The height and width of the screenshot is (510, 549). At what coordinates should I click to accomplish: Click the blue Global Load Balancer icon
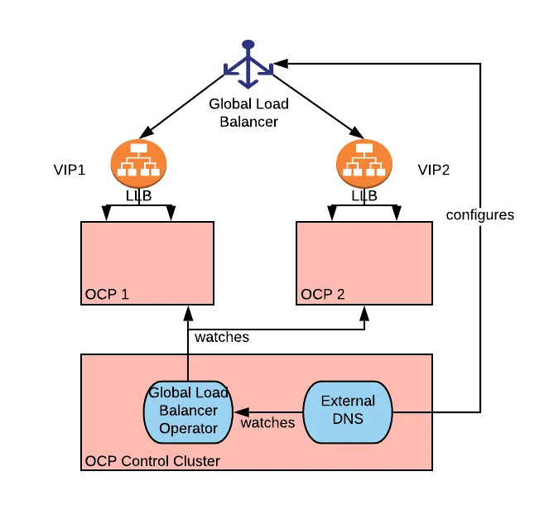[248, 65]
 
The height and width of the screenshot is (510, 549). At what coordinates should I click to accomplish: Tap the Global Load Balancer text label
[248, 113]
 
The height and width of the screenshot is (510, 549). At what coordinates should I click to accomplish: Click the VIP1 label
[70, 170]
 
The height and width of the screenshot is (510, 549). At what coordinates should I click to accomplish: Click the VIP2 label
[435, 170]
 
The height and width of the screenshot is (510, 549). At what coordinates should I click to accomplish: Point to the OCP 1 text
[107, 294]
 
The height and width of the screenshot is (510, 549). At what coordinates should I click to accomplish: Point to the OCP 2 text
[324, 294]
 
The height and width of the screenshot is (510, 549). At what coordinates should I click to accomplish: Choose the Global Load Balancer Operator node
[187, 411]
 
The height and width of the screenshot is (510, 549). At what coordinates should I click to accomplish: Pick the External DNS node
[348, 409]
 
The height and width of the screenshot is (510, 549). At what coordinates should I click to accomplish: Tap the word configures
[479, 214]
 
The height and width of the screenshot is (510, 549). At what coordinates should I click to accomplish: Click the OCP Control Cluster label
[152, 460]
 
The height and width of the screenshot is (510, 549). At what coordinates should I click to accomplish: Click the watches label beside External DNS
[267, 422]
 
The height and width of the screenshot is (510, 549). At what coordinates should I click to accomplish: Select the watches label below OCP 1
[221, 337]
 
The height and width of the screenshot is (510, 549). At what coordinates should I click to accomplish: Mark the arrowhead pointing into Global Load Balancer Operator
[238, 411]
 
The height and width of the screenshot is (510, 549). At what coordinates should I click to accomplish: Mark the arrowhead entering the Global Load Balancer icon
[282, 63]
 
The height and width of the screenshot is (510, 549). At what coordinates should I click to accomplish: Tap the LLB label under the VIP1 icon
[138, 196]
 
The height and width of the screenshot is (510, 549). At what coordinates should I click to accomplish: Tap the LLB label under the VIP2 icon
[364, 196]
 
